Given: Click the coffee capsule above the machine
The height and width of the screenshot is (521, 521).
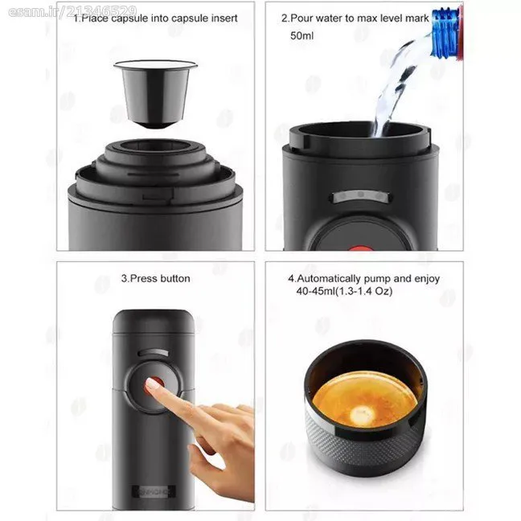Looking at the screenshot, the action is pos(155,94).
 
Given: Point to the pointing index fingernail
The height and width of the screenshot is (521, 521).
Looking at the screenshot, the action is pos(151,384).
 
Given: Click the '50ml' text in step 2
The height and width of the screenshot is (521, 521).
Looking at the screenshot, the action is pos(302,35).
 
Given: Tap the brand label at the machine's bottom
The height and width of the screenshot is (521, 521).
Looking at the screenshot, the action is pos(154,492).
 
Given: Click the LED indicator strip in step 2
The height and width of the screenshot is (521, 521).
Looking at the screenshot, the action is pos(361,196).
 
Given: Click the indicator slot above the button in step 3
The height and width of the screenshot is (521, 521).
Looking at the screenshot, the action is pos(154,352).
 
